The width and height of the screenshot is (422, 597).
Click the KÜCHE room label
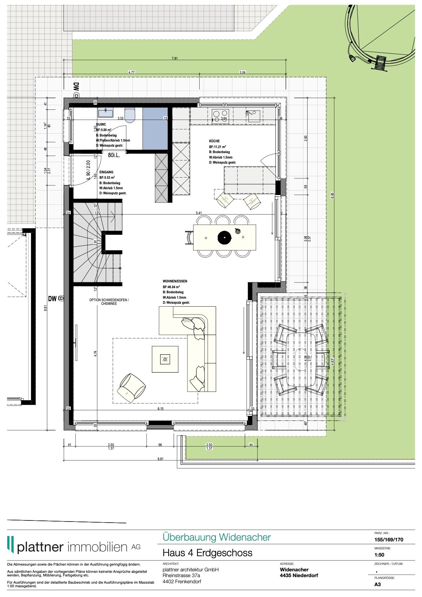214,141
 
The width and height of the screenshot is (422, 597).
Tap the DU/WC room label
101,124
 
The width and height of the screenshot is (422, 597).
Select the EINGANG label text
106,172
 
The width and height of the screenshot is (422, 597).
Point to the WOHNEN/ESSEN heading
175,281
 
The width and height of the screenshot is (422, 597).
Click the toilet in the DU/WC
130,114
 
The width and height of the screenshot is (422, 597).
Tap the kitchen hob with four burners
221,116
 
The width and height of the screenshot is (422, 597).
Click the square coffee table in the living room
165,359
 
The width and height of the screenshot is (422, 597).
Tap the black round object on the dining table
224,237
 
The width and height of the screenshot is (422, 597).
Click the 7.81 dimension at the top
175,58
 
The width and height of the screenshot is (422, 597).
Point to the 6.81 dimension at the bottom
160,459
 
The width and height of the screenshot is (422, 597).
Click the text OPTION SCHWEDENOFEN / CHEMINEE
109,302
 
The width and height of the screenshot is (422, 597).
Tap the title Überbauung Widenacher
216,537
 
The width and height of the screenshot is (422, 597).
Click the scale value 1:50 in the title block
379,555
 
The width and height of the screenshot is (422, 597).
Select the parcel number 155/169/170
389,540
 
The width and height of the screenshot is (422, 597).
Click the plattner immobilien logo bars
11,545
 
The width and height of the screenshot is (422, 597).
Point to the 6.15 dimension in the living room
160,409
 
